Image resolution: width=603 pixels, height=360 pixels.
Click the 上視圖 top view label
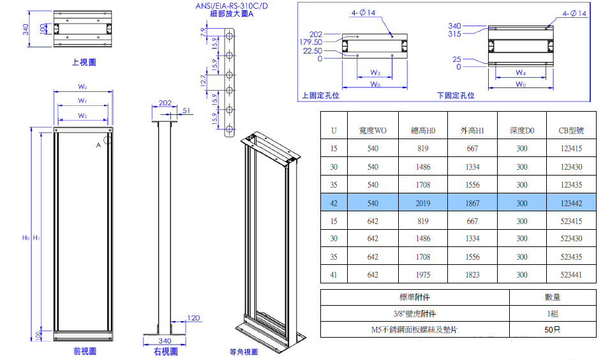(84, 63)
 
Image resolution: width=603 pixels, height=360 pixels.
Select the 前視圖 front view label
(84, 351)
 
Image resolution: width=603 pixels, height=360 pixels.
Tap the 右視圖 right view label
(165, 352)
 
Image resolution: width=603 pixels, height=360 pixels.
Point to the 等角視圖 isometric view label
(244, 352)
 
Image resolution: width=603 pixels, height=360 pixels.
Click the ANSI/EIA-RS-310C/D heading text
(232, 6)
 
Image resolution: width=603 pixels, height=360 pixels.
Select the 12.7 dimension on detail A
(204, 81)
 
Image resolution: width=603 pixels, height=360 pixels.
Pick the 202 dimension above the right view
(165, 103)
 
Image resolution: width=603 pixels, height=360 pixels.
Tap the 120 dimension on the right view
(194, 318)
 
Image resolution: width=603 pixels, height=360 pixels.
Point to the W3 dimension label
(375, 72)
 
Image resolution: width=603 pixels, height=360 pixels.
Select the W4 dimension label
(521, 72)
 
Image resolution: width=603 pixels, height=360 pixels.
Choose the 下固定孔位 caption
(456, 95)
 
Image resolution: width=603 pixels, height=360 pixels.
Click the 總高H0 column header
(423, 130)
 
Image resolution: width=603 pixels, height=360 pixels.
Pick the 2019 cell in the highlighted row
(423, 203)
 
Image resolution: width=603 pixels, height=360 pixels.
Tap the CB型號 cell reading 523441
(571, 275)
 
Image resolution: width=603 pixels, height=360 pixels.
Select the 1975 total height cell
(423, 275)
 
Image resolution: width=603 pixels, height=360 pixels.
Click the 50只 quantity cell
(553, 331)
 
